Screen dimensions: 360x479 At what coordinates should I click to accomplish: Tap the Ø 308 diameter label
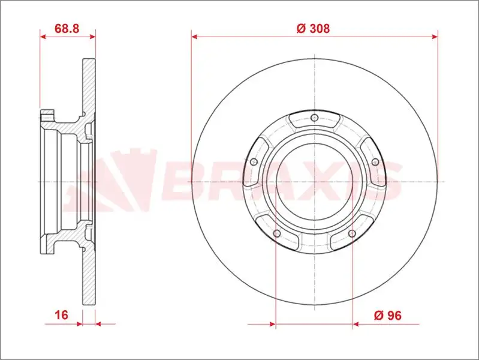[x=314, y=28]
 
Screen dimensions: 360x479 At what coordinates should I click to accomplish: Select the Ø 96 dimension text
[x=387, y=315]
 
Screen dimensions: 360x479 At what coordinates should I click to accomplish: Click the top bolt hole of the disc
[x=314, y=117]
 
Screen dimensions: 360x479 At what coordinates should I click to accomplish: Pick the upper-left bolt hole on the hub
[x=253, y=162]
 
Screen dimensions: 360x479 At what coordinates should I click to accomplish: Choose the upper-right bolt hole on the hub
[x=375, y=162]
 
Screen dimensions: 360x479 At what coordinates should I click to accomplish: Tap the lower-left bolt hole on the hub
[x=276, y=233]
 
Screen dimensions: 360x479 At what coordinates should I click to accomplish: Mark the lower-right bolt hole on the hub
[x=352, y=233]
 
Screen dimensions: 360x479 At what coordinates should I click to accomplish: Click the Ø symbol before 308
[x=301, y=28]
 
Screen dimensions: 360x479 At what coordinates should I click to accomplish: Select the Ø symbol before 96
[x=378, y=315]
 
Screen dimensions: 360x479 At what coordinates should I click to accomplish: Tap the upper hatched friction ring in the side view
[x=89, y=84]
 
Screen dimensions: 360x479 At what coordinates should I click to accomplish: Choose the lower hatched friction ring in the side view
[x=89, y=276]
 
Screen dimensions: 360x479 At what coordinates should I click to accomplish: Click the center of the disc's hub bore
[x=314, y=180]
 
